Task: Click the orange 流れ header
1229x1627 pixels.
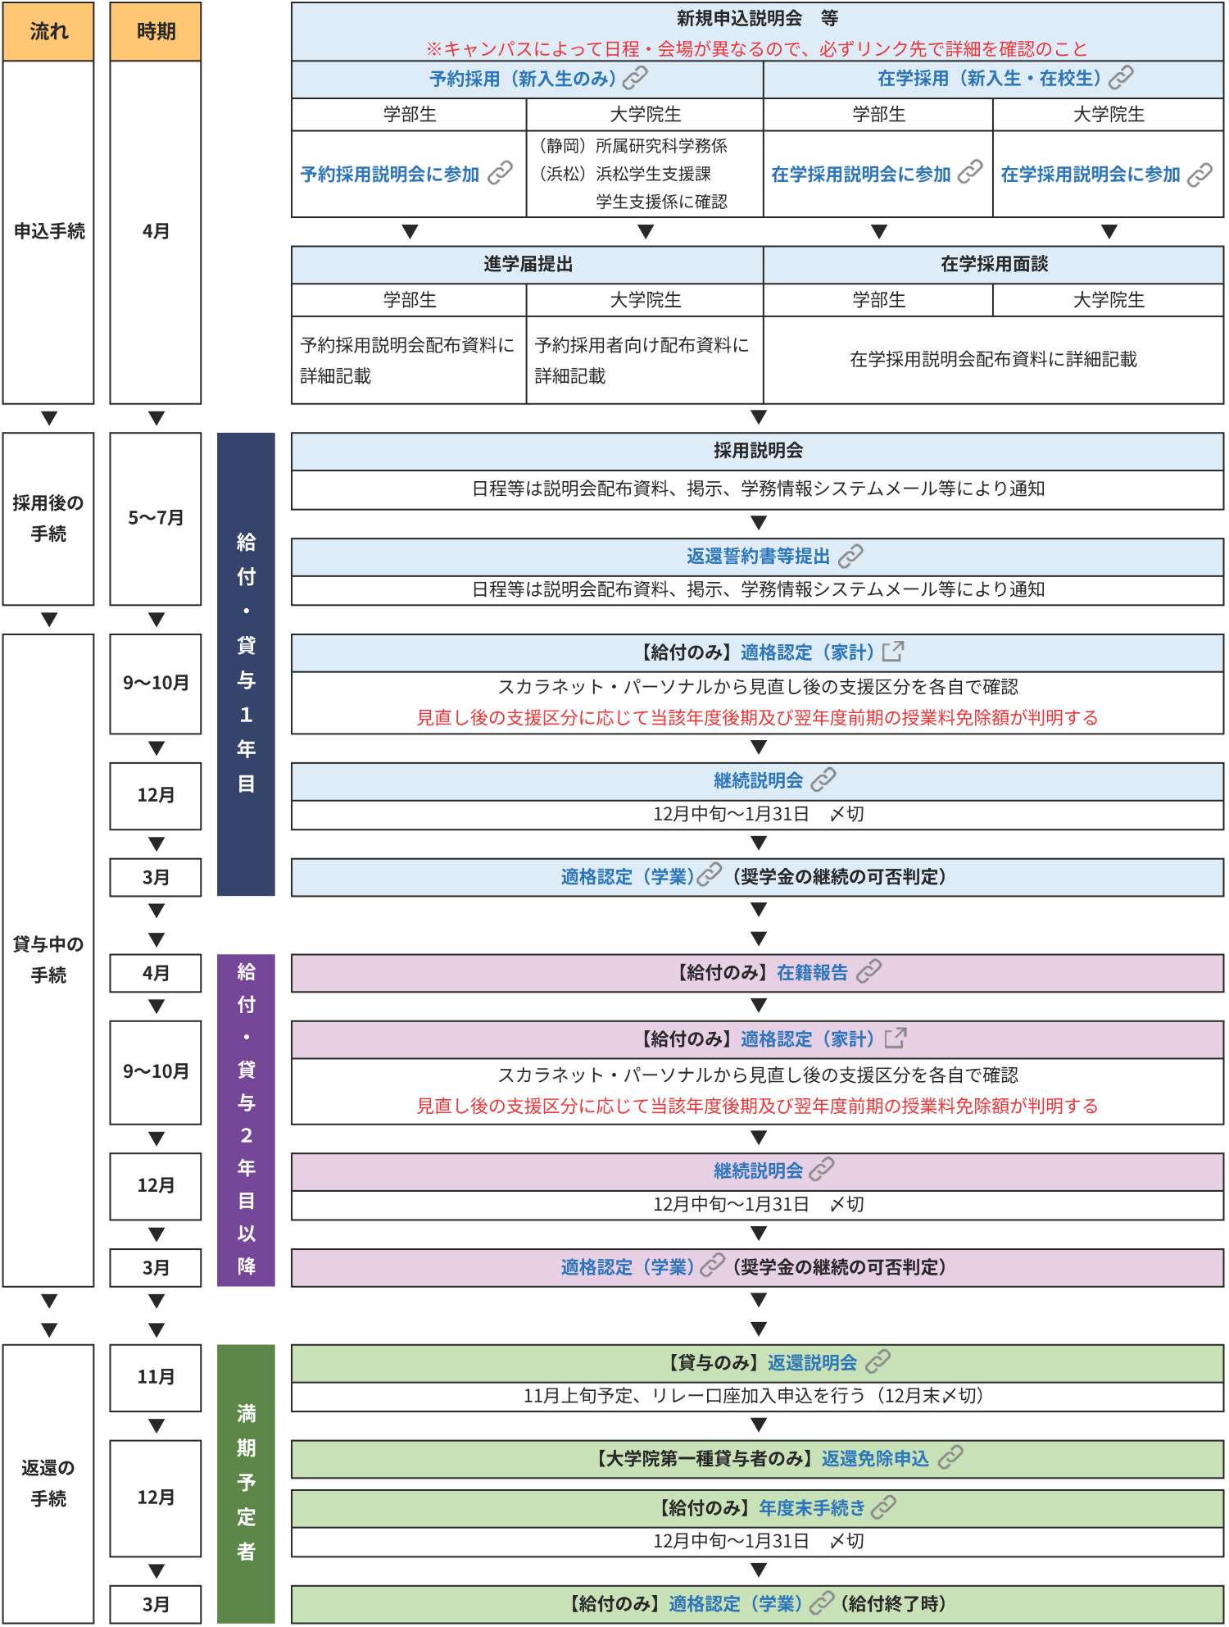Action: pyautogui.click(x=48, y=31)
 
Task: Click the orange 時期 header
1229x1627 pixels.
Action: pyautogui.click(x=156, y=31)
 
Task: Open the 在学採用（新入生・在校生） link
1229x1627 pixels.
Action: pyautogui.click(x=989, y=79)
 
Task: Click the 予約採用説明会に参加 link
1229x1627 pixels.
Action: pyautogui.click(x=390, y=175)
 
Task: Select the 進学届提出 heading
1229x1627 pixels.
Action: pyautogui.click(x=528, y=264)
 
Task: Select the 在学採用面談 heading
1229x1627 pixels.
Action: pyautogui.click(x=994, y=264)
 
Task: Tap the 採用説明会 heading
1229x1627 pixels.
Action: pyautogui.click(x=758, y=451)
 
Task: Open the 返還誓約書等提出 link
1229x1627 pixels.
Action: pyautogui.click(x=758, y=557)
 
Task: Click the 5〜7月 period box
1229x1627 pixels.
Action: pyautogui.click(x=156, y=518)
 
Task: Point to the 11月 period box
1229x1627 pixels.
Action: pyautogui.click(x=156, y=1377)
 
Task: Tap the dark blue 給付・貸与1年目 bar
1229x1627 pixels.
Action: pyautogui.click(x=246, y=664)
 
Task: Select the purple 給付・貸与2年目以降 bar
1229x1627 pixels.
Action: pyautogui.click(x=246, y=1120)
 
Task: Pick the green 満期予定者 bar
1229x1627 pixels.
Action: pyautogui.click(x=246, y=1484)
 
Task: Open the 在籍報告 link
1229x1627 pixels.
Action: pyautogui.click(x=812, y=973)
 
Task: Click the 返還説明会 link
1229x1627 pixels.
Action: pyautogui.click(x=812, y=1363)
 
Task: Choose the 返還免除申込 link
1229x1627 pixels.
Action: pyautogui.click(x=875, y=1459)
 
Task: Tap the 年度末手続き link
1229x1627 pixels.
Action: pyautogui.click(x=812, y=1508)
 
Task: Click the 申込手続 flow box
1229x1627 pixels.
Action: pyautogui.click(x=48, y=232)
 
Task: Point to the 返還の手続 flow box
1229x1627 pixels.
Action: pyautogui.click(x=48, y=1484)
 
